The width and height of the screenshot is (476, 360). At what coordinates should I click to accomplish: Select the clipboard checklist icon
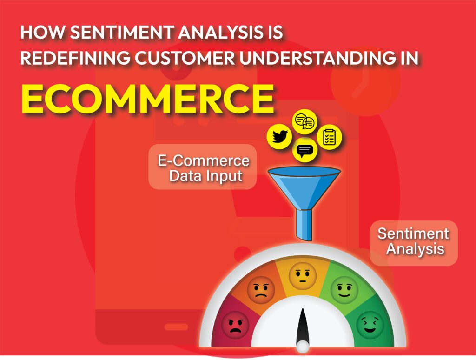[330, 137]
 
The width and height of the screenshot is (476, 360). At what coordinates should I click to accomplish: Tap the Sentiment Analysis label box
[413, 240]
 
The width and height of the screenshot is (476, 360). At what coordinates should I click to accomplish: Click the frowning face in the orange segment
[261, 290]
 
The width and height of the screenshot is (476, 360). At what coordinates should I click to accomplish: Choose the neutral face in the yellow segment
[302, 276]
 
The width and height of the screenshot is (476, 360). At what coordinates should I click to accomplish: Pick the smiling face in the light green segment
[344, 290]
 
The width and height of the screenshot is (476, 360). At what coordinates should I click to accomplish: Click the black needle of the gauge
[303, 326]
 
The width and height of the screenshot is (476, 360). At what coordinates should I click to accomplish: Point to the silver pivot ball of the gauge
[303, 347]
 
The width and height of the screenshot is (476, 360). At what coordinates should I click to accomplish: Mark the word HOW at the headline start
[37, 33]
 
